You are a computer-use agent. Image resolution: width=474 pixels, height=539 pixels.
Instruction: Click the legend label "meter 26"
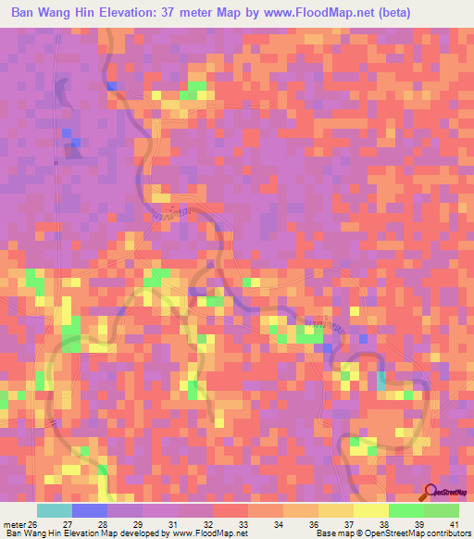(x=21, y=524)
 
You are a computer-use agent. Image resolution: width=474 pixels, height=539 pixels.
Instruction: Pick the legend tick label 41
(x=454, y=524)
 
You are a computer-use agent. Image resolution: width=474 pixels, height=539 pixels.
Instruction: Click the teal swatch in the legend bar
(x=55, y=510)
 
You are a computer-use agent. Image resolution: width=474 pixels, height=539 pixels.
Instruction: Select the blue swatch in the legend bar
(x=90, y=510)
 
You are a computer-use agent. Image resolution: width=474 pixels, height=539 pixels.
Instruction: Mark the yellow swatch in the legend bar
(x=371, y=510)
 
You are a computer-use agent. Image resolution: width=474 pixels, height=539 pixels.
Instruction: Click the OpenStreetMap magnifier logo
(x=430, y=494)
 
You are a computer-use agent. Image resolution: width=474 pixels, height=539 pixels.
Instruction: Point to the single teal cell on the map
(x=382, y=380)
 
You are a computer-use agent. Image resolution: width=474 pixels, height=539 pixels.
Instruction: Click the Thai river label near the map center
(x=173, y=214)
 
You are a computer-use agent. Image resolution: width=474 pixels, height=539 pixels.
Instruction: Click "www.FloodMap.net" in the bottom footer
(x=203, y=534)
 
